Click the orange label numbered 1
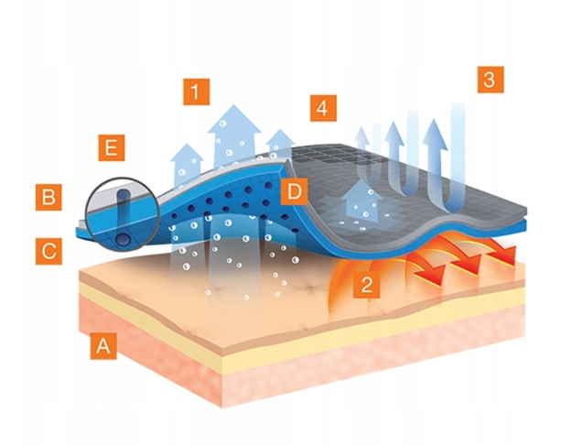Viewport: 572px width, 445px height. click(196, 92)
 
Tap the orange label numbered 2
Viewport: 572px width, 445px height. click(366, 284)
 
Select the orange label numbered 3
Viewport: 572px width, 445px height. click(490, 79)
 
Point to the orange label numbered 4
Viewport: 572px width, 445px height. click(318, 107)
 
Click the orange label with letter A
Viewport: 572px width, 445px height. click(103, 346)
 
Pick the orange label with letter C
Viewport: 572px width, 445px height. click(49, 250)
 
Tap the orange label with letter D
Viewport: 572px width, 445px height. click(293, 191)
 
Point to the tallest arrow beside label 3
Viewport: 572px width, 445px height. click(459, 151)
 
